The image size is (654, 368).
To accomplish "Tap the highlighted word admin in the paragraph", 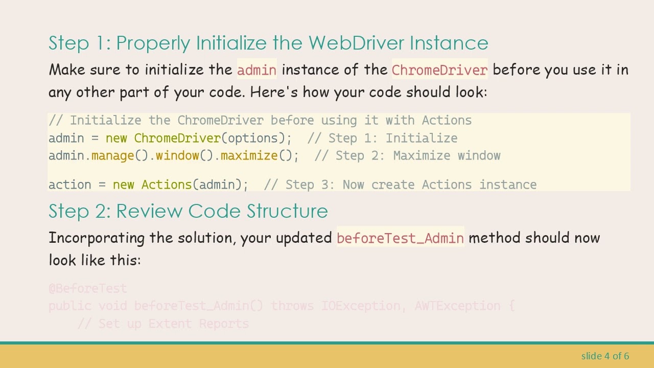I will (x=256, y=70).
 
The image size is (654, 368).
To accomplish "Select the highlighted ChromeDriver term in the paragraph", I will (x=439, y=70).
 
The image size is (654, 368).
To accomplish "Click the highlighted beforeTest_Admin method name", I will (x=400, y=238).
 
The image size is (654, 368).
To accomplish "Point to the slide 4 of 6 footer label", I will (x=605, y=356).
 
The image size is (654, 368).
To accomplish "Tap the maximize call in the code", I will (x=248, y=156).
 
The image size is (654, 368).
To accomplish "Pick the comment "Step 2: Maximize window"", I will (x=407, y=156).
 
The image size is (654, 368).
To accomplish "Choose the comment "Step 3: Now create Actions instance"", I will (x=400, y=185).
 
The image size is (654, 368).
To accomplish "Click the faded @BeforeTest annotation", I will (x=87, y=289).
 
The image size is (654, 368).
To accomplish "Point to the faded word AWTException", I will (x=457, y=306).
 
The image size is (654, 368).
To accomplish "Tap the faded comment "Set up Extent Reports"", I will (x=163, y=324).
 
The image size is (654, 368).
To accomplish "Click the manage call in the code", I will (x=112, y=156).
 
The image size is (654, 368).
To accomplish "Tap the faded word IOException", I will (x=360, y=306).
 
